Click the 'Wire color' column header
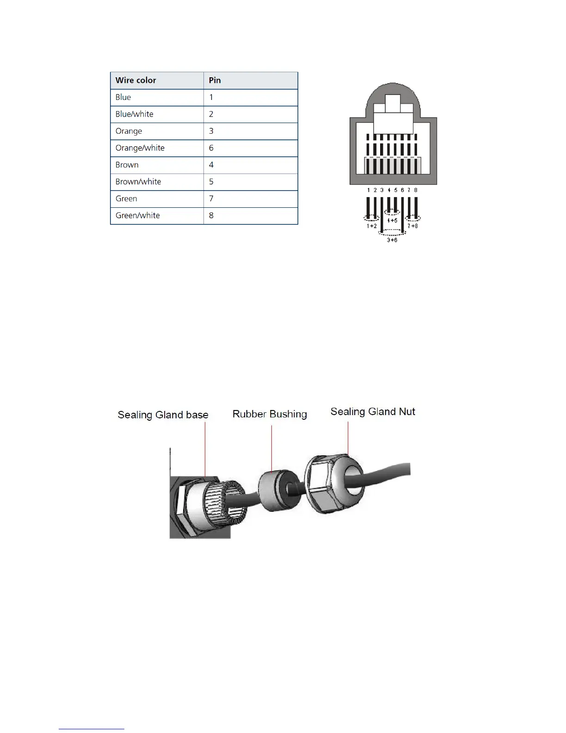[136, 81]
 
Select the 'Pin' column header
[215, 81]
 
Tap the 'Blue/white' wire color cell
[135, 114]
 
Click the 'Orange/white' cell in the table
[140, 148]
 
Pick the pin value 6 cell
[211, 148]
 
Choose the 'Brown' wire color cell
[127, 165]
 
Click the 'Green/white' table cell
[138, 216]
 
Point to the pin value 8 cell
[211, 216]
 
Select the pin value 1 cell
[211, 97]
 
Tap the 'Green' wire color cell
[126, 199]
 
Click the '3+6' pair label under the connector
[392, 240]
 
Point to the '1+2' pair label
[372, 226]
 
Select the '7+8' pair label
[412, 226]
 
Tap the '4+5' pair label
[392, 221]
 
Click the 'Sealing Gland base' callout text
[163, 415]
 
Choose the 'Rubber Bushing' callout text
[270, 414]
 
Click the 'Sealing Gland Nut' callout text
[373, 412]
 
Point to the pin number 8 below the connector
[416, 190]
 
